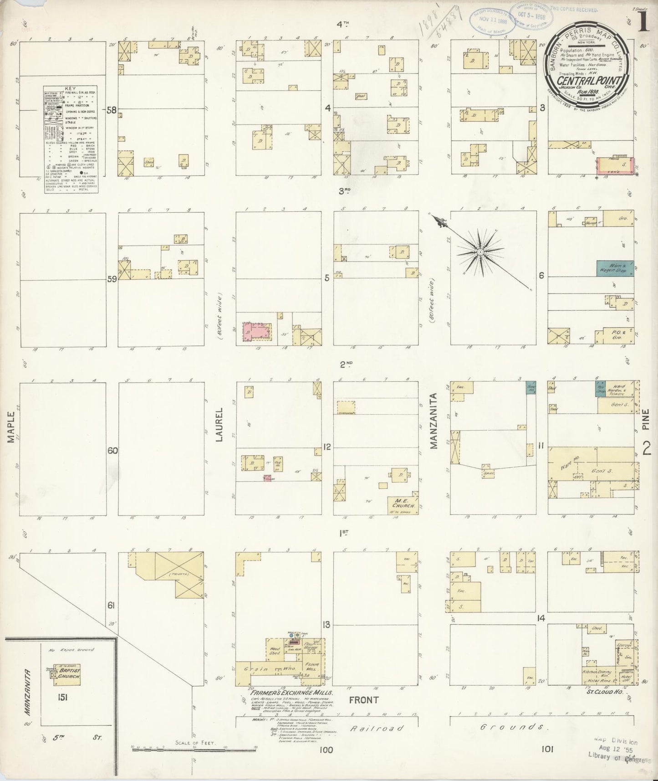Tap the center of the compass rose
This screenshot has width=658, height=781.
(x=480, y=252)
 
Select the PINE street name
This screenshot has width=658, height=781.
(x=645, y=419)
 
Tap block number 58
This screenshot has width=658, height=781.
(x=111, y=110)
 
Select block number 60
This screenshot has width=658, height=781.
(x=112, y=451)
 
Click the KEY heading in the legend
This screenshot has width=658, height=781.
(x=71, y=89)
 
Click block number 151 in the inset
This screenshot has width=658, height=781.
(x=62, y=697)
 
